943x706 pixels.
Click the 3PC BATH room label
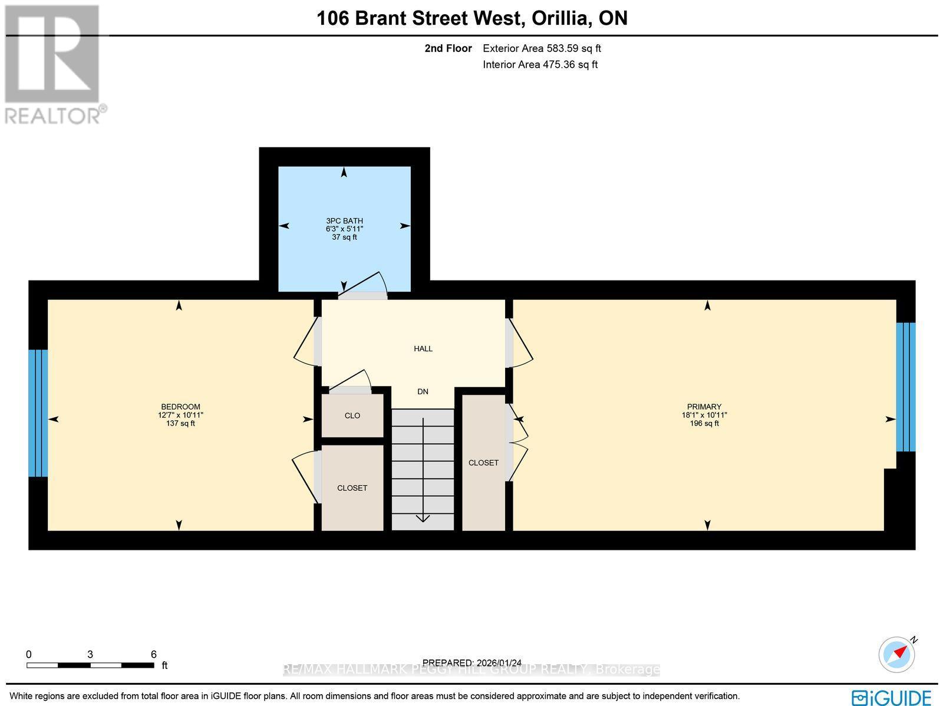[345, 221]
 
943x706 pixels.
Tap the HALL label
[423, 349]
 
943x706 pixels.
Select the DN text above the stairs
[423, 392]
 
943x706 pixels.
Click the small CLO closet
[352, 416]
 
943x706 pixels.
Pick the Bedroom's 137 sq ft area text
[180, 424]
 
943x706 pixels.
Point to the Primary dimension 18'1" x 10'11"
[704, 415]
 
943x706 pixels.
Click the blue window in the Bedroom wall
[38, 413]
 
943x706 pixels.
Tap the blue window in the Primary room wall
[906, 387]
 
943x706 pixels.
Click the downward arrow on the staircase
[423, 517]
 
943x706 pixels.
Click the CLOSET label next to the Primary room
[483, 463]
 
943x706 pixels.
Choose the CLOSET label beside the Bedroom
[352, 488]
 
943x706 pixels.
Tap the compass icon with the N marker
[896, 654]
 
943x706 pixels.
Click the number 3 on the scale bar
[90, 654]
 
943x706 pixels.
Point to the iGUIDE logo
[891, 697]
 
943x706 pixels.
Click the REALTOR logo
[54, 65]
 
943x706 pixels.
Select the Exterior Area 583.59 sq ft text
[542, 49]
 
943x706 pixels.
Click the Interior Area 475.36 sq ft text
[540, 65]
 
